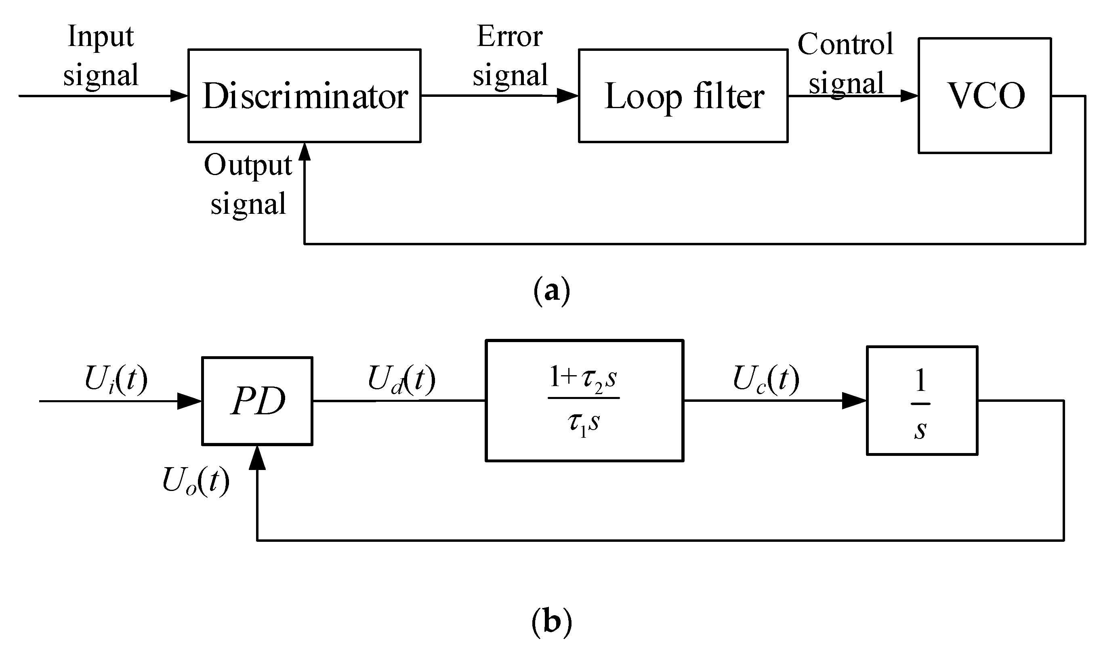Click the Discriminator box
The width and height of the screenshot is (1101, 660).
point(304,96)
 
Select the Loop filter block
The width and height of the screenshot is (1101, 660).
point(683,96)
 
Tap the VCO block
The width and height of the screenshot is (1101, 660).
point(984,96)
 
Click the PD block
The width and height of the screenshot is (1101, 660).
point(257,401)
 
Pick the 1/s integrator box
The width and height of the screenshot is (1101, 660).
point(922,401)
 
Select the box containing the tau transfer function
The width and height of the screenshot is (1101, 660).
point(584,401)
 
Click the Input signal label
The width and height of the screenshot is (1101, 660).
point(101,55)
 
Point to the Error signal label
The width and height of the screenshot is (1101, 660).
point(510,55)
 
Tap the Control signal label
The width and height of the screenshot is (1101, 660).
point(845,63)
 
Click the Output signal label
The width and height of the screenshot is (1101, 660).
point(248,184)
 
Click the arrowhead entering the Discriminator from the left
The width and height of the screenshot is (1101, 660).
point(179,96)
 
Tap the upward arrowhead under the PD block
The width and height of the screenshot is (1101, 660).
point(257,458)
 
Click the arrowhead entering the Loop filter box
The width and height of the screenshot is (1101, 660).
point(567,96)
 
